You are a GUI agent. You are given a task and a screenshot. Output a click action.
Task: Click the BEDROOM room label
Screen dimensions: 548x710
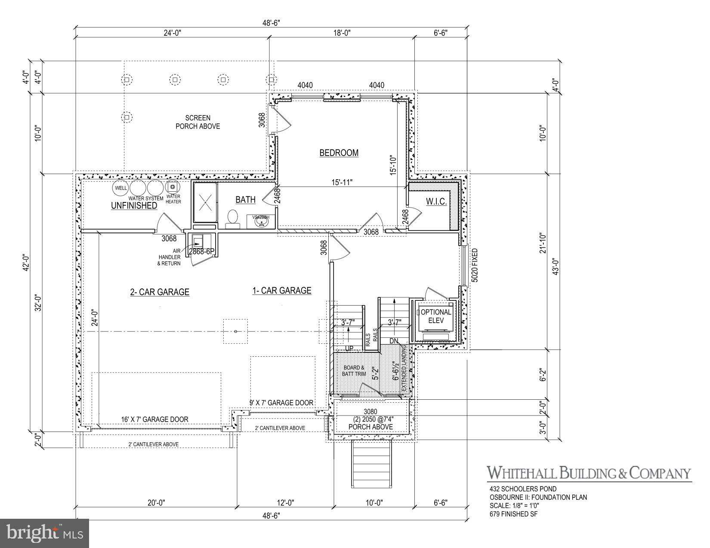(x=339, y=153)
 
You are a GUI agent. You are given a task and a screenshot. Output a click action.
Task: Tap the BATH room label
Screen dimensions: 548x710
(x=245, y=199)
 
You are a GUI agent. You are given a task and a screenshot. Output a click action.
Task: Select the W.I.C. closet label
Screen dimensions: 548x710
(x=436, y=201)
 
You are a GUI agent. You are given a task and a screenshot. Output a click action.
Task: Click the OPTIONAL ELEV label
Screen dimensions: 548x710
(x=435, y=316)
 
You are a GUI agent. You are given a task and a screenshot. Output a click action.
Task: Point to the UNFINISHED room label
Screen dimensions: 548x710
(x=134, y=205)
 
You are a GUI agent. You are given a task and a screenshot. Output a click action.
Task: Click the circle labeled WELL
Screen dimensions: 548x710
(x=120, y=188)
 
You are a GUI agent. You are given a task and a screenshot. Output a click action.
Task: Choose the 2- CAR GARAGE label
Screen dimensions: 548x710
(x=160, y=292)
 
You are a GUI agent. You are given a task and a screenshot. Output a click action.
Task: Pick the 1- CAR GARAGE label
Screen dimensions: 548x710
(x=281, y=291)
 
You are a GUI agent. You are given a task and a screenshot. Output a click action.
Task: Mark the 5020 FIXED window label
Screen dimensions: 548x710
(x=475, y=265)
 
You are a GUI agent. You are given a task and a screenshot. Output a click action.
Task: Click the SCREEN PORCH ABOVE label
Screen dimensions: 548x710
(x=198, y=122)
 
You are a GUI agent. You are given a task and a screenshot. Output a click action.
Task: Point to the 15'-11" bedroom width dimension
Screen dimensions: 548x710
(x=340, y=182)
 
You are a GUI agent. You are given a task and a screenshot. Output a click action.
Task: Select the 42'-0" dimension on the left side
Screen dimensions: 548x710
(x=26, y=261)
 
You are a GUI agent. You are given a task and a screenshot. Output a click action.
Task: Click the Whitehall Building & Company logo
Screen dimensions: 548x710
(x=589, y=473)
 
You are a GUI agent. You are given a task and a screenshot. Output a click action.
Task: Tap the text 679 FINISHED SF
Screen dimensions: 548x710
(x=513, y=514)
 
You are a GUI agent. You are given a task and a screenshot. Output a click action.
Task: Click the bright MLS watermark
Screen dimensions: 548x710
(x=45, y=533)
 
